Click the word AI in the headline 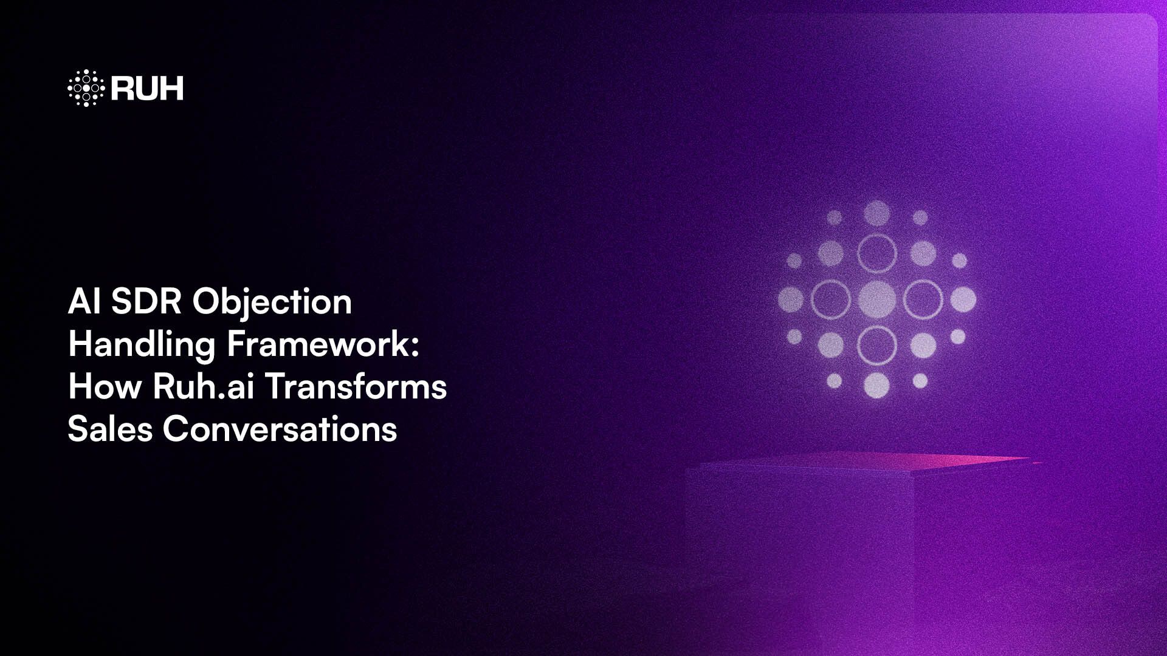(84, 301)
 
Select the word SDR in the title (146, 301)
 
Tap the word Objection (272, 302)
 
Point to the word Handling (142, 344)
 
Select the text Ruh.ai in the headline (203, 386)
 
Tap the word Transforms (356, 386)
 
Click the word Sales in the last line (110, 429)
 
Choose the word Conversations (280, 429)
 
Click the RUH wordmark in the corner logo (147, 89)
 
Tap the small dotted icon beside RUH (86, 88)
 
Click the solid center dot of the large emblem (876, 299)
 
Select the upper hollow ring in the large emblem (876, 253)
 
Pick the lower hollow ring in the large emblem (876, 346)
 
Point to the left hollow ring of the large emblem (830, 299)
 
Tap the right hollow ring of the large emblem (923, 299)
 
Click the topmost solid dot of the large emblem (876, 213)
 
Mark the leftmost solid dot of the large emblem (791, 299)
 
